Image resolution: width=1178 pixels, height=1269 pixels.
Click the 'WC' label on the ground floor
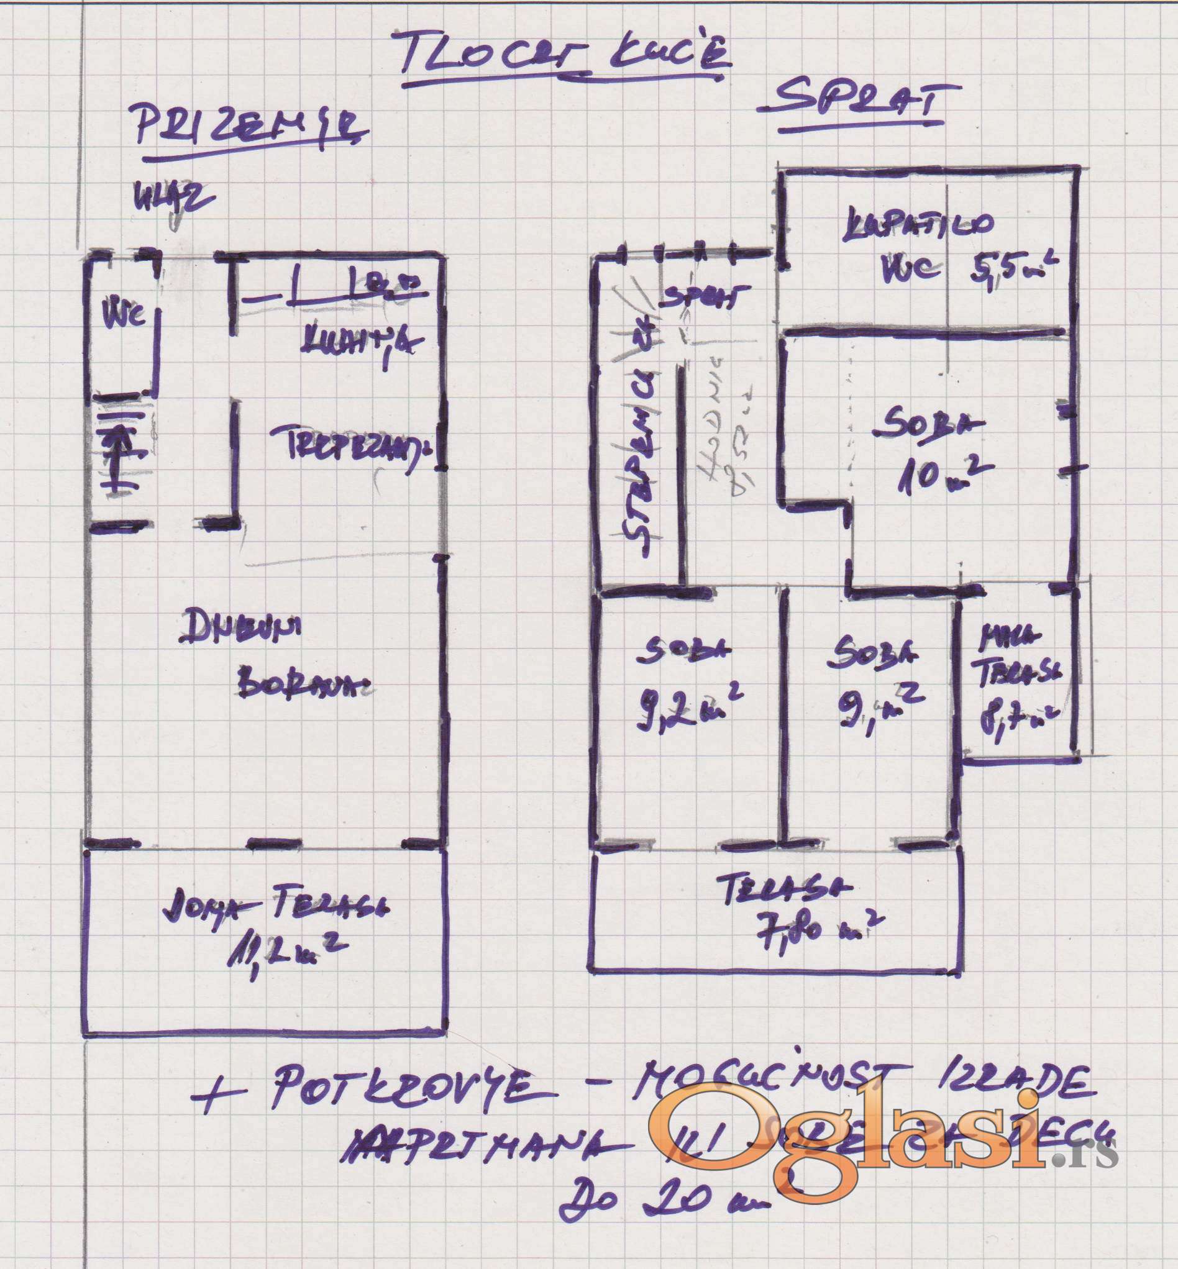[124, 314]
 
